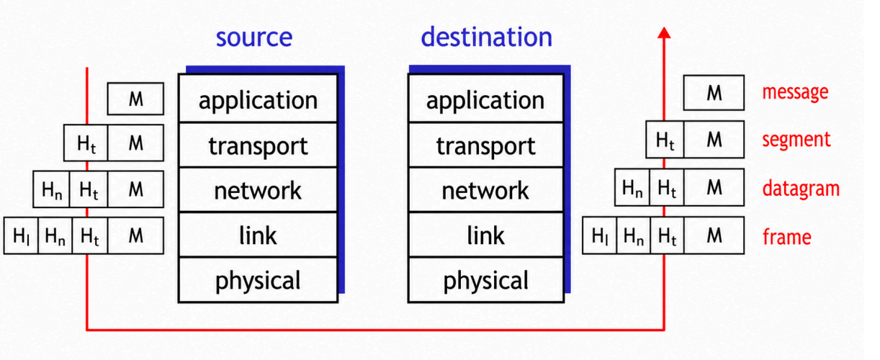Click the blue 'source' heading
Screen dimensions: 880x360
pos(254,38)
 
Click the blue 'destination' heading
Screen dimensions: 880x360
pos(486,37)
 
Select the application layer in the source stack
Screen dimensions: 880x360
pos(258,98)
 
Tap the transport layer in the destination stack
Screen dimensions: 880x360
pos(486,145)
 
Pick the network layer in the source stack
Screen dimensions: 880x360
pos(258,190)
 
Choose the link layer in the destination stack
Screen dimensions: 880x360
pos(486,235)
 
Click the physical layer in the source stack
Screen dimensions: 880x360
pos(258,279)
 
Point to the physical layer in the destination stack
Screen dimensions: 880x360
pos(486,279)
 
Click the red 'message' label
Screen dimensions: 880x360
pos(795,93)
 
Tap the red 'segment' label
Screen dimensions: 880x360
pos(796,140)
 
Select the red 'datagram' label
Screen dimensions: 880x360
pos(801,189)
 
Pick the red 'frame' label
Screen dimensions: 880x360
pos(787,237)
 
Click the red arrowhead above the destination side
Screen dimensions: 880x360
pos(664,32)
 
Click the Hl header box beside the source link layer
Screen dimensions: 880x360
pos(21,235)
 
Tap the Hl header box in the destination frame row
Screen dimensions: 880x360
pos(599,235)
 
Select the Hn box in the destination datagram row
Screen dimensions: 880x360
pos(632,187)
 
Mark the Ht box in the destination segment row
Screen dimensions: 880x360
pos(665,140)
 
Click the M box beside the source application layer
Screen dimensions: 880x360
pos(135,99)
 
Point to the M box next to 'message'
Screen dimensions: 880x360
pos(714,93)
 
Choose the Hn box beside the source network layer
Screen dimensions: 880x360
pos(51,189)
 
